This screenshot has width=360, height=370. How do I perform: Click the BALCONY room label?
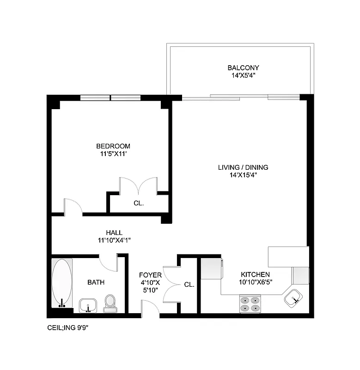tap(239, 67)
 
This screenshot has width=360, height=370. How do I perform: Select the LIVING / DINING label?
tap(243, 167)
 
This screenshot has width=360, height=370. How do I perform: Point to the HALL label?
tap(114, 233)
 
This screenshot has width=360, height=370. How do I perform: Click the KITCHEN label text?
tap(254, 274)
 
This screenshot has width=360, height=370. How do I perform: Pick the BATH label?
tap(96, 282)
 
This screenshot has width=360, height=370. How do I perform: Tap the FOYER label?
tap(150, 275)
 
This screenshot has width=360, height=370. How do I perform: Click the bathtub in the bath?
tap(62, 283)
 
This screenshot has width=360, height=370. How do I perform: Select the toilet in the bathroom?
tap(110, 302)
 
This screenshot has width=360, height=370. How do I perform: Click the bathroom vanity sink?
tap(88, 305)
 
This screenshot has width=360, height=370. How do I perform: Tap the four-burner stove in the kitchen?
tap(250, 303)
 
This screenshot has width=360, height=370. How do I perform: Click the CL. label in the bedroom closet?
tap(138, 203)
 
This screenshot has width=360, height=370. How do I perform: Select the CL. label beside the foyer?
tap(189, 285)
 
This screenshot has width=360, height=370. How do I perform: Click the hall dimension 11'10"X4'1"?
tap(114, 240)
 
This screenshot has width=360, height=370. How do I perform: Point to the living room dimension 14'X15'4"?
tap(243, 175)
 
